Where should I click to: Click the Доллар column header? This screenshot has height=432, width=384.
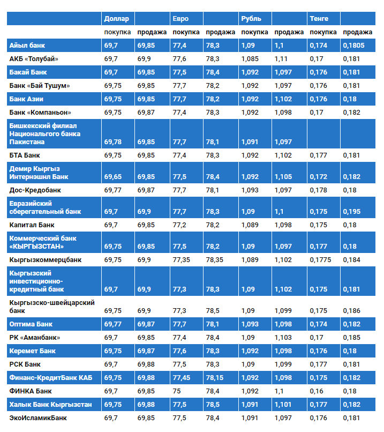(116, 19)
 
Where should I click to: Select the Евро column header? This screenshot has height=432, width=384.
(180, 19)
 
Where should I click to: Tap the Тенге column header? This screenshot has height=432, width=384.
(319, 19)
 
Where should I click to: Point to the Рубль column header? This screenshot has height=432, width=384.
(251, 19)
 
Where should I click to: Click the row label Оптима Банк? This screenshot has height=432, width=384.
(30, 324)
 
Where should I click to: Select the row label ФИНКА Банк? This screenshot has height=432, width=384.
(31, 391)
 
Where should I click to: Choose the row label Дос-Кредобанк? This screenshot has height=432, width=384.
(35, 190)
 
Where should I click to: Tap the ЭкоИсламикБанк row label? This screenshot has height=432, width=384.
(38, 418)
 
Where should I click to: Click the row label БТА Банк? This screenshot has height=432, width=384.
(25, 155)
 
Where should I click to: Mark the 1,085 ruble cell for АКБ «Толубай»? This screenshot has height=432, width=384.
(250, 59)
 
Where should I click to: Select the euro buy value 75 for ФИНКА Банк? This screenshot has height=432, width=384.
(177, 391)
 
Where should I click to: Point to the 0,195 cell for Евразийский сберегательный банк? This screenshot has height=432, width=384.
(351, 211)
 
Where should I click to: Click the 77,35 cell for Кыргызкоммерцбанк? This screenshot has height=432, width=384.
(182, 259)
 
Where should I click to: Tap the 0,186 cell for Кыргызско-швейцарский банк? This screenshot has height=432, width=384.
(351, 310)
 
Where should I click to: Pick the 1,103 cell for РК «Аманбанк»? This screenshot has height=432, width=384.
(283, 338)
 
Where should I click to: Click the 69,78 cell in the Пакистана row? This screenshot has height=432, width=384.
(113, 141)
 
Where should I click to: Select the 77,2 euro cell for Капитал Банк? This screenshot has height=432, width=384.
(179, 225)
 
